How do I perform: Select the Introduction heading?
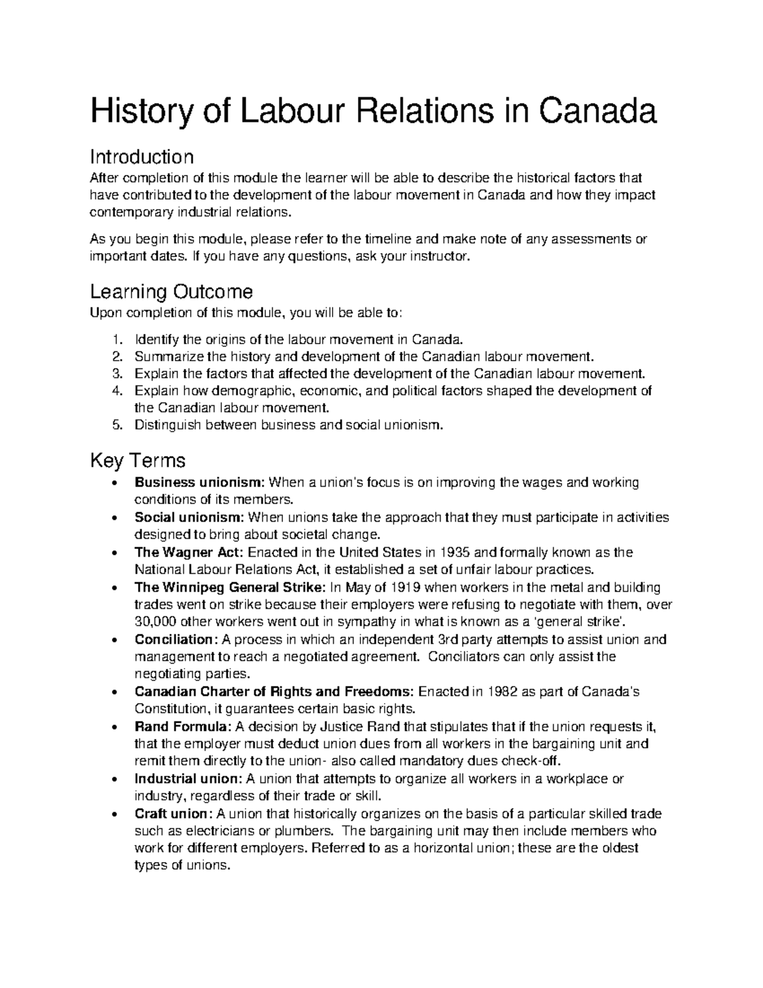tap(141, 157)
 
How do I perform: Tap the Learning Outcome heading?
tap(171, 292)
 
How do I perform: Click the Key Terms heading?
tap(137, 459)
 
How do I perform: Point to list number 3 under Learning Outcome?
tap(116, 373)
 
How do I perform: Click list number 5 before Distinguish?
tap(116, 425)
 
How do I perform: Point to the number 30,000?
tap(156, 622)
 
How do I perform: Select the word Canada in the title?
tap(598, 112)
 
